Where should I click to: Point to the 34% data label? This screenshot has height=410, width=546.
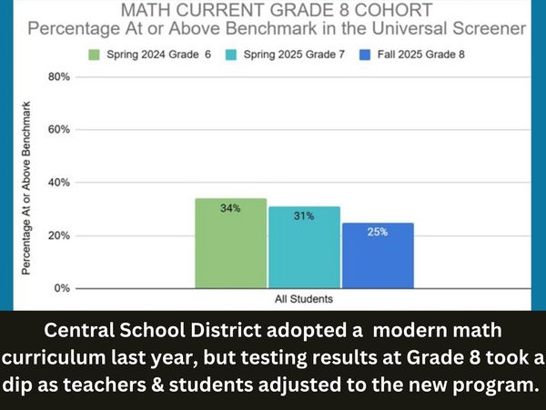pos(230,208)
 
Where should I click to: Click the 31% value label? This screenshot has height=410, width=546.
pos(304,216)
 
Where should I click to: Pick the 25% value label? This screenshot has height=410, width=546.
pos(378,232)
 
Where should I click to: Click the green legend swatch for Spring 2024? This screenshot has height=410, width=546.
pos(94,55)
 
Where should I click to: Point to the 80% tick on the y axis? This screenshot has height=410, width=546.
pos(58,77)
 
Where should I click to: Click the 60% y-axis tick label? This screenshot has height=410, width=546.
pos(58,130)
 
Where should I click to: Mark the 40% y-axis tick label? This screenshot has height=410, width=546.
pos(58,183)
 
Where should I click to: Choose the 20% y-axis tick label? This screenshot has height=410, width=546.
pos(58,235)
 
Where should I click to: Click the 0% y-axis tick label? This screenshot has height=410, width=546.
pos(61,288)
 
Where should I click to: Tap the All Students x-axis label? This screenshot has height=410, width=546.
pos(303,298)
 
